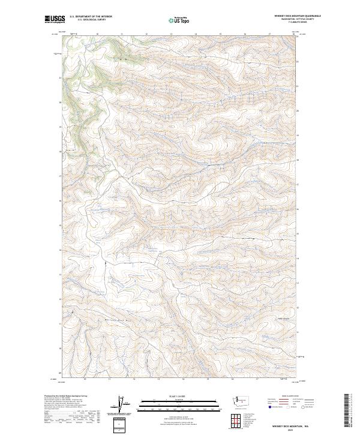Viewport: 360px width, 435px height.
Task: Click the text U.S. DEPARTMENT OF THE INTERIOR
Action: click(91, 17)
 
